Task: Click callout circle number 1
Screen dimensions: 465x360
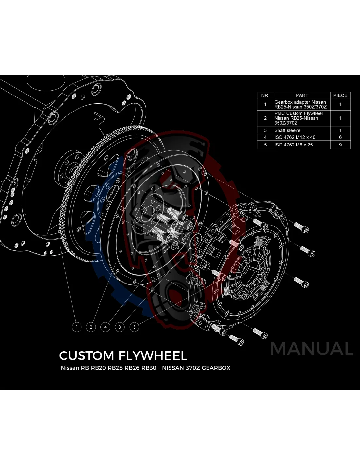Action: [77, 327]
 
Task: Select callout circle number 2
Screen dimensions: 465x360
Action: [91, 327]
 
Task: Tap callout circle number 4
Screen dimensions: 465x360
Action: [105, 327]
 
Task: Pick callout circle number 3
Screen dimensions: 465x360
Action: [120, 327]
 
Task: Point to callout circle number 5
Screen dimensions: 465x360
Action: [134, 327]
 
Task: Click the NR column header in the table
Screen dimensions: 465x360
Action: [265, 95]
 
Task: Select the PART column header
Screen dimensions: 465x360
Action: [302, 95]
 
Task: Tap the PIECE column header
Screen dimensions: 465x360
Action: [340, 95]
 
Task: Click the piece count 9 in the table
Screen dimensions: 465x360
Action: [340, 145]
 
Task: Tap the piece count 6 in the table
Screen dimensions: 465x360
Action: [340, 137]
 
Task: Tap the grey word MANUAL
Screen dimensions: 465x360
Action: [312, 349]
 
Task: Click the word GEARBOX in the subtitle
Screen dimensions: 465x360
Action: [216, 368]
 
